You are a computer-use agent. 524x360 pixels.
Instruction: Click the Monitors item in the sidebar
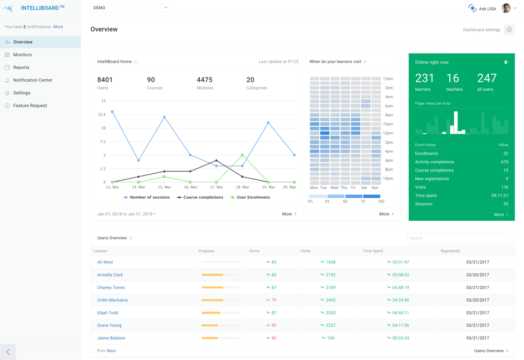tap(22, 55)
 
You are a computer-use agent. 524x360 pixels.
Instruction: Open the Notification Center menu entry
tap(32, 80)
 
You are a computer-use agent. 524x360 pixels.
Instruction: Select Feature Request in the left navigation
tap(29, 105)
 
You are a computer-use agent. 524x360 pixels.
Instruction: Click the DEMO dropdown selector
tap(130, 8)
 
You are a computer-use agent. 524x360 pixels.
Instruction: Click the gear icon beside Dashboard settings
tap(509, 29)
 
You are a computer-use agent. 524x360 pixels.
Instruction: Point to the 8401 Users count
tap(105, 80)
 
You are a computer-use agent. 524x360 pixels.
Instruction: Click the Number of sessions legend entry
tap(146, 197)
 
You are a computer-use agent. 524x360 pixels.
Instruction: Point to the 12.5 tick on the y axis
tap(101, 114)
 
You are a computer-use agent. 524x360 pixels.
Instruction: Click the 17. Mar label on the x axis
tap(216, 187)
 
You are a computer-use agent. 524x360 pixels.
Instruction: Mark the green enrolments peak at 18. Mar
tap(242, 155)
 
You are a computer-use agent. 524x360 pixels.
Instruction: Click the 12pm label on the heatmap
tap(389, 133)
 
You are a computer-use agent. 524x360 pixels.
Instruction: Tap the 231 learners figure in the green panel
tap(425, 79)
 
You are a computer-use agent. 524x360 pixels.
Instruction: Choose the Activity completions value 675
tap(504, 162)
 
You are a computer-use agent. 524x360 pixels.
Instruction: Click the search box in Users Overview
tap(458, 238)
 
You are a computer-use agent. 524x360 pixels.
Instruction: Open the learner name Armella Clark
tap(110, 275)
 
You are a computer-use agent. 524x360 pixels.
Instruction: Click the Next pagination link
tap(111, 351)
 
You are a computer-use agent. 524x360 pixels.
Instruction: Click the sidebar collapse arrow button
tap(8, 352)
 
